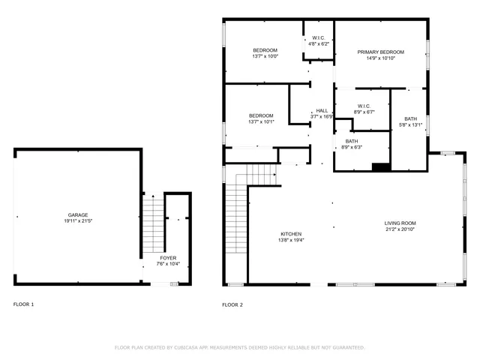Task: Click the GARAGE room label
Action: coord(78,214)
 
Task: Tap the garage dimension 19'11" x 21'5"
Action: coord(78,221)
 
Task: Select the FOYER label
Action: coord(168,257)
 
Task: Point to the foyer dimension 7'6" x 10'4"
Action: coord(168,264)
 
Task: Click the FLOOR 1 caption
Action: coord(23,304)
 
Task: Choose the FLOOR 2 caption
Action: coord(232,304)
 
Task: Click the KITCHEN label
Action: coord(292,233)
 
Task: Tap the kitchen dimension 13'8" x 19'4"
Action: coord(292,240)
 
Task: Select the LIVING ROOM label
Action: coord(400,223)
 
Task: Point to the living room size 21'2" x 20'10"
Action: coord(400,229)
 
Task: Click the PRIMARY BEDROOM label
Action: coord(380,52)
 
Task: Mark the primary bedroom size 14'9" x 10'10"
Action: coord(380,58)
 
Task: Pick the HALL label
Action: coord(322,110)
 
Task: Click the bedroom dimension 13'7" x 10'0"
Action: coord(265,56)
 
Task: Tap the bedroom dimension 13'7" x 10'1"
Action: coord(261,121)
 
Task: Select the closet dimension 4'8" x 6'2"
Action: coord(319,43)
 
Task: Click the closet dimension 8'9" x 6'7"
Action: coord(364,112)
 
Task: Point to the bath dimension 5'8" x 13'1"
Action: coord(410,125)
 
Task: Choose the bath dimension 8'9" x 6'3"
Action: coord(352,147)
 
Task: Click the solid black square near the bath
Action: coord(381,167)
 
